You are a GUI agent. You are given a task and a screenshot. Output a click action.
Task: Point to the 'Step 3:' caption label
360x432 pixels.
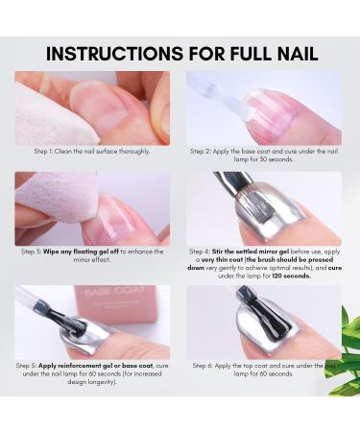click(34, 252)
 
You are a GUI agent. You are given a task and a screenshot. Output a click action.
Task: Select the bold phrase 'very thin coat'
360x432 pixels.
click(217, 260)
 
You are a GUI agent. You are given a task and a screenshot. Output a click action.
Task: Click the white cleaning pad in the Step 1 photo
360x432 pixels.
click(45, 111)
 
